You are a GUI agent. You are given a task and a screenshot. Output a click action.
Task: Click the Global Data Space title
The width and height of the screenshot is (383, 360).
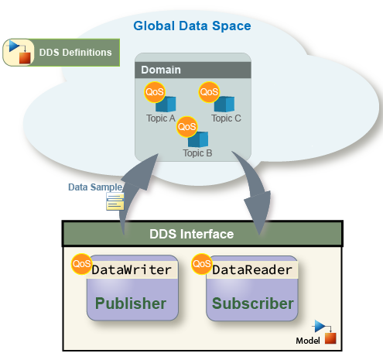192,26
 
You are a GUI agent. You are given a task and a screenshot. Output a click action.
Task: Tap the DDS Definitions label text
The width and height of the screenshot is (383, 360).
75,53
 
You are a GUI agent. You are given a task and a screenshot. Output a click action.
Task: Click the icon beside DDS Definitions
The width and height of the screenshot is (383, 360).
19,53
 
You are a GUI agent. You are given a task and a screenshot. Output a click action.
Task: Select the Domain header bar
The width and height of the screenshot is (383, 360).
193,70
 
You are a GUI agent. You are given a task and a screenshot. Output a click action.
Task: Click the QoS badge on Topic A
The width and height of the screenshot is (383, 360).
155,92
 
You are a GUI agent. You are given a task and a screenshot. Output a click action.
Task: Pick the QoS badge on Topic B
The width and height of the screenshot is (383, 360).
187,127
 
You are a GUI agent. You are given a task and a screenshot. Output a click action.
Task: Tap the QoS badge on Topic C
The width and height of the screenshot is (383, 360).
209,92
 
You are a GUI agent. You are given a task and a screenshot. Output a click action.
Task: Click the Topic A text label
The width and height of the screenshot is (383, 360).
161,118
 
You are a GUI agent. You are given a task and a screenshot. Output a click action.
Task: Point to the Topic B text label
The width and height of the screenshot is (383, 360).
197,153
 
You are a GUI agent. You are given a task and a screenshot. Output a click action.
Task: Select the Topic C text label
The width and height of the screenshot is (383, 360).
226,118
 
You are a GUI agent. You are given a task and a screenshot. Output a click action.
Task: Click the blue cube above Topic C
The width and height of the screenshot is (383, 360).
225,104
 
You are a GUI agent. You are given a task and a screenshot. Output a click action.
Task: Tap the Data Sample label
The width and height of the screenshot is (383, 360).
95,187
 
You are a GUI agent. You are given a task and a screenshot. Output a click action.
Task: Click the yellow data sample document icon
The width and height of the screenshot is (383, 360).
115,201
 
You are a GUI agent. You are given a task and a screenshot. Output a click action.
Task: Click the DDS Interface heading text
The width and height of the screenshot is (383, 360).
192,234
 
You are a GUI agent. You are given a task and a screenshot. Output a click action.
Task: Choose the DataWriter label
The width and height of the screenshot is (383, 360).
132,270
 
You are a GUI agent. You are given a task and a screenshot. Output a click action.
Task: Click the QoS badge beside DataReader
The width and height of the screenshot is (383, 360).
202,264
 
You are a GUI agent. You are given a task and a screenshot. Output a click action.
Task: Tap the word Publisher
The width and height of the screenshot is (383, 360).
131,303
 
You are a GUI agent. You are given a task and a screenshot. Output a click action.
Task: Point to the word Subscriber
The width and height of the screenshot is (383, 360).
253,303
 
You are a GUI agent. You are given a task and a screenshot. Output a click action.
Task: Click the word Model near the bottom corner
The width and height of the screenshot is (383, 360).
308,341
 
